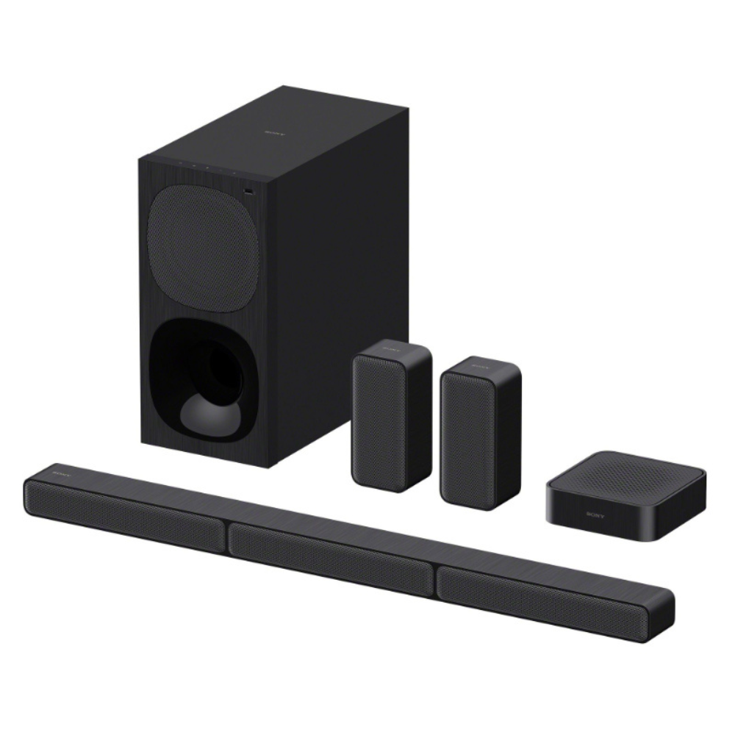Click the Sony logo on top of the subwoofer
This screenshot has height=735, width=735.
[x=273, y=132]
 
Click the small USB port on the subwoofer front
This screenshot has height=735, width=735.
[x=246, y=193]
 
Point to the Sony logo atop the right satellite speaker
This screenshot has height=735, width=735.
[x=482, y=365]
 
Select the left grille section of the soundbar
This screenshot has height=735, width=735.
[x=125, y=512]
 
